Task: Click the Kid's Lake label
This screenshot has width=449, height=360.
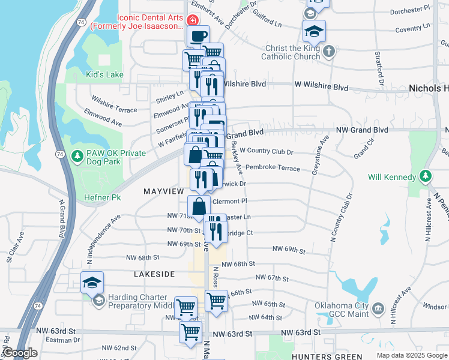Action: tap(105, 74)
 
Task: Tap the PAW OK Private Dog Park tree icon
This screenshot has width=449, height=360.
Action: tap(77, 157)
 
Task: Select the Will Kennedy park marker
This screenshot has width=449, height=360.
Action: tap(425, 176)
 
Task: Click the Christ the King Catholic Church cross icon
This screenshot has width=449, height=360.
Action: tap(328, 52)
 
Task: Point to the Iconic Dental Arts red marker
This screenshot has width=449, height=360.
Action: tap(193, 20)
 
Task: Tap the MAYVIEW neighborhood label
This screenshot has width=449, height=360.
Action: tap(163, 191)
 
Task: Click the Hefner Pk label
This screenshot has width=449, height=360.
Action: tap(107, 197)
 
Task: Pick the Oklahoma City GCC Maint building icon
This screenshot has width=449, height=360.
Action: tap(378, 309)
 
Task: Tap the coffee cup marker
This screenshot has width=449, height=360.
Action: tap(197, 35)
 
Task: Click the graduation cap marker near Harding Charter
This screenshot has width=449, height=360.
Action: tap(92, 282)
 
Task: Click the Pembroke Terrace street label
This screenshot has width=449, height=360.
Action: tap(273, 169)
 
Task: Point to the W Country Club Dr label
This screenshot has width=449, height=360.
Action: tap(267, 152)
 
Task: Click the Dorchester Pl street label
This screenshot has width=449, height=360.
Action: tap(409, 10)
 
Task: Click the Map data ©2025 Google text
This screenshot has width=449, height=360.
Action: tap(411, 355)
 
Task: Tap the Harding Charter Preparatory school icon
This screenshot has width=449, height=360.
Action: tap(98, 301)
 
